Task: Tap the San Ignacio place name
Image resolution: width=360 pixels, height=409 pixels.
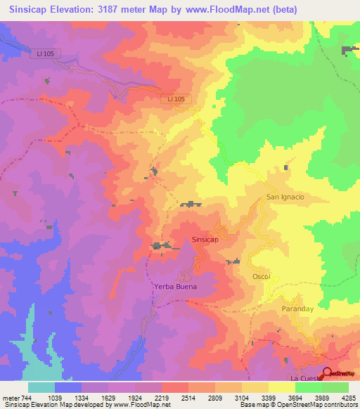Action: coord(285,197)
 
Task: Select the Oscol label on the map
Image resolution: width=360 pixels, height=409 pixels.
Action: coord(262,277)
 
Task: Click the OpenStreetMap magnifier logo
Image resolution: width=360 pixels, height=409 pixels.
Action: coord(327,373)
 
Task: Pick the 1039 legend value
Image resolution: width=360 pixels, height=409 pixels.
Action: coord(55,398)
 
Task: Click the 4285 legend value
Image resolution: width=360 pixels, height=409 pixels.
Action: coord(349,398)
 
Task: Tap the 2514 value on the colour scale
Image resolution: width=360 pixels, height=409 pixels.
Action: coord(188,398)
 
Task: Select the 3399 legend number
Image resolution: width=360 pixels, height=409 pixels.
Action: coord(269,398)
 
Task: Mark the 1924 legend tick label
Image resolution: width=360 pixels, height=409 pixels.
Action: coord(135,398)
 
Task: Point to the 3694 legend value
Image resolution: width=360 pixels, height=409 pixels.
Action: coord(295,398)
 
